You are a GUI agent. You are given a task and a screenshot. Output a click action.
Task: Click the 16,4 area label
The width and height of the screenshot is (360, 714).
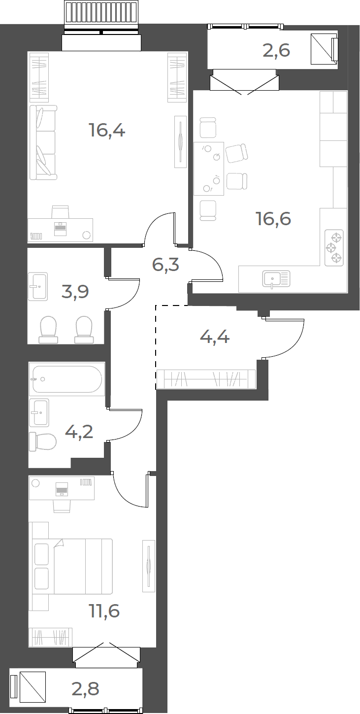(x=107, y=131)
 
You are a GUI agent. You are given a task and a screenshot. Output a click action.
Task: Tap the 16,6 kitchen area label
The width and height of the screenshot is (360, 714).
(x=274, y=219)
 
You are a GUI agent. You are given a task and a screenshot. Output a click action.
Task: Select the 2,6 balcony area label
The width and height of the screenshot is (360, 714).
(x=276, y=50)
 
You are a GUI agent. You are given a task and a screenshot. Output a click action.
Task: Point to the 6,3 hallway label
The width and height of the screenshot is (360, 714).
(x=165, y=265)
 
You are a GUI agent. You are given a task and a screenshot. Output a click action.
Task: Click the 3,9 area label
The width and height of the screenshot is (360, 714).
(x=75, y=292)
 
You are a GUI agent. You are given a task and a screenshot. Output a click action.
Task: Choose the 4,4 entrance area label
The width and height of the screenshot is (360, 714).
(x=215, y=337)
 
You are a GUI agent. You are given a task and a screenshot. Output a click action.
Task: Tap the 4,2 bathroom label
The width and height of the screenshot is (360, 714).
(x=79, y=432)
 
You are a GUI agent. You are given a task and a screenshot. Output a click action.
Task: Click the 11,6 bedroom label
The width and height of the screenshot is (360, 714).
(x=105, y=611)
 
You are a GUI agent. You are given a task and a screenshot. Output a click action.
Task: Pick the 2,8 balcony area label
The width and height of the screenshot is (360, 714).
(x=85, y=688)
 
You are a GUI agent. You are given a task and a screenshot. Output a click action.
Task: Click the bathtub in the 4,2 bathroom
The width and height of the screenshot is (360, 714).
(x=67, y=379)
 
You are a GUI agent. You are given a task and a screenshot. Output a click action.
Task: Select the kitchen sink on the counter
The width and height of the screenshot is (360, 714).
(x=276, y=278)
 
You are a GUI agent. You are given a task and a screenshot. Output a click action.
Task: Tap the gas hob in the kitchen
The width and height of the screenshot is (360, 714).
(x=334, y=248)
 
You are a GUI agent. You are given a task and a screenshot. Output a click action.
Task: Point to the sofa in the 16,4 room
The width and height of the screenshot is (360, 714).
(x=43, y=142)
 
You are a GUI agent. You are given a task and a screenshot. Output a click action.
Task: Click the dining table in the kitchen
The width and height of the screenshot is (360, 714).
(x=209, y=169)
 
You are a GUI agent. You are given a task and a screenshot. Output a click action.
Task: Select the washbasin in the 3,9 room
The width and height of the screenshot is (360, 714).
(x=37, y=286)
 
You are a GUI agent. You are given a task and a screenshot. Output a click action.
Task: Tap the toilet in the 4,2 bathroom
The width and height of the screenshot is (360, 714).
(x=43, y=442)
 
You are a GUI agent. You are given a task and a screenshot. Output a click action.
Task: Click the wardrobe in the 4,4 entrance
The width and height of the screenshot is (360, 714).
(x=206, y=379)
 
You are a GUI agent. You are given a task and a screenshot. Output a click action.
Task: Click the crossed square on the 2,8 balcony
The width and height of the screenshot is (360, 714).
(x=33, y=687)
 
